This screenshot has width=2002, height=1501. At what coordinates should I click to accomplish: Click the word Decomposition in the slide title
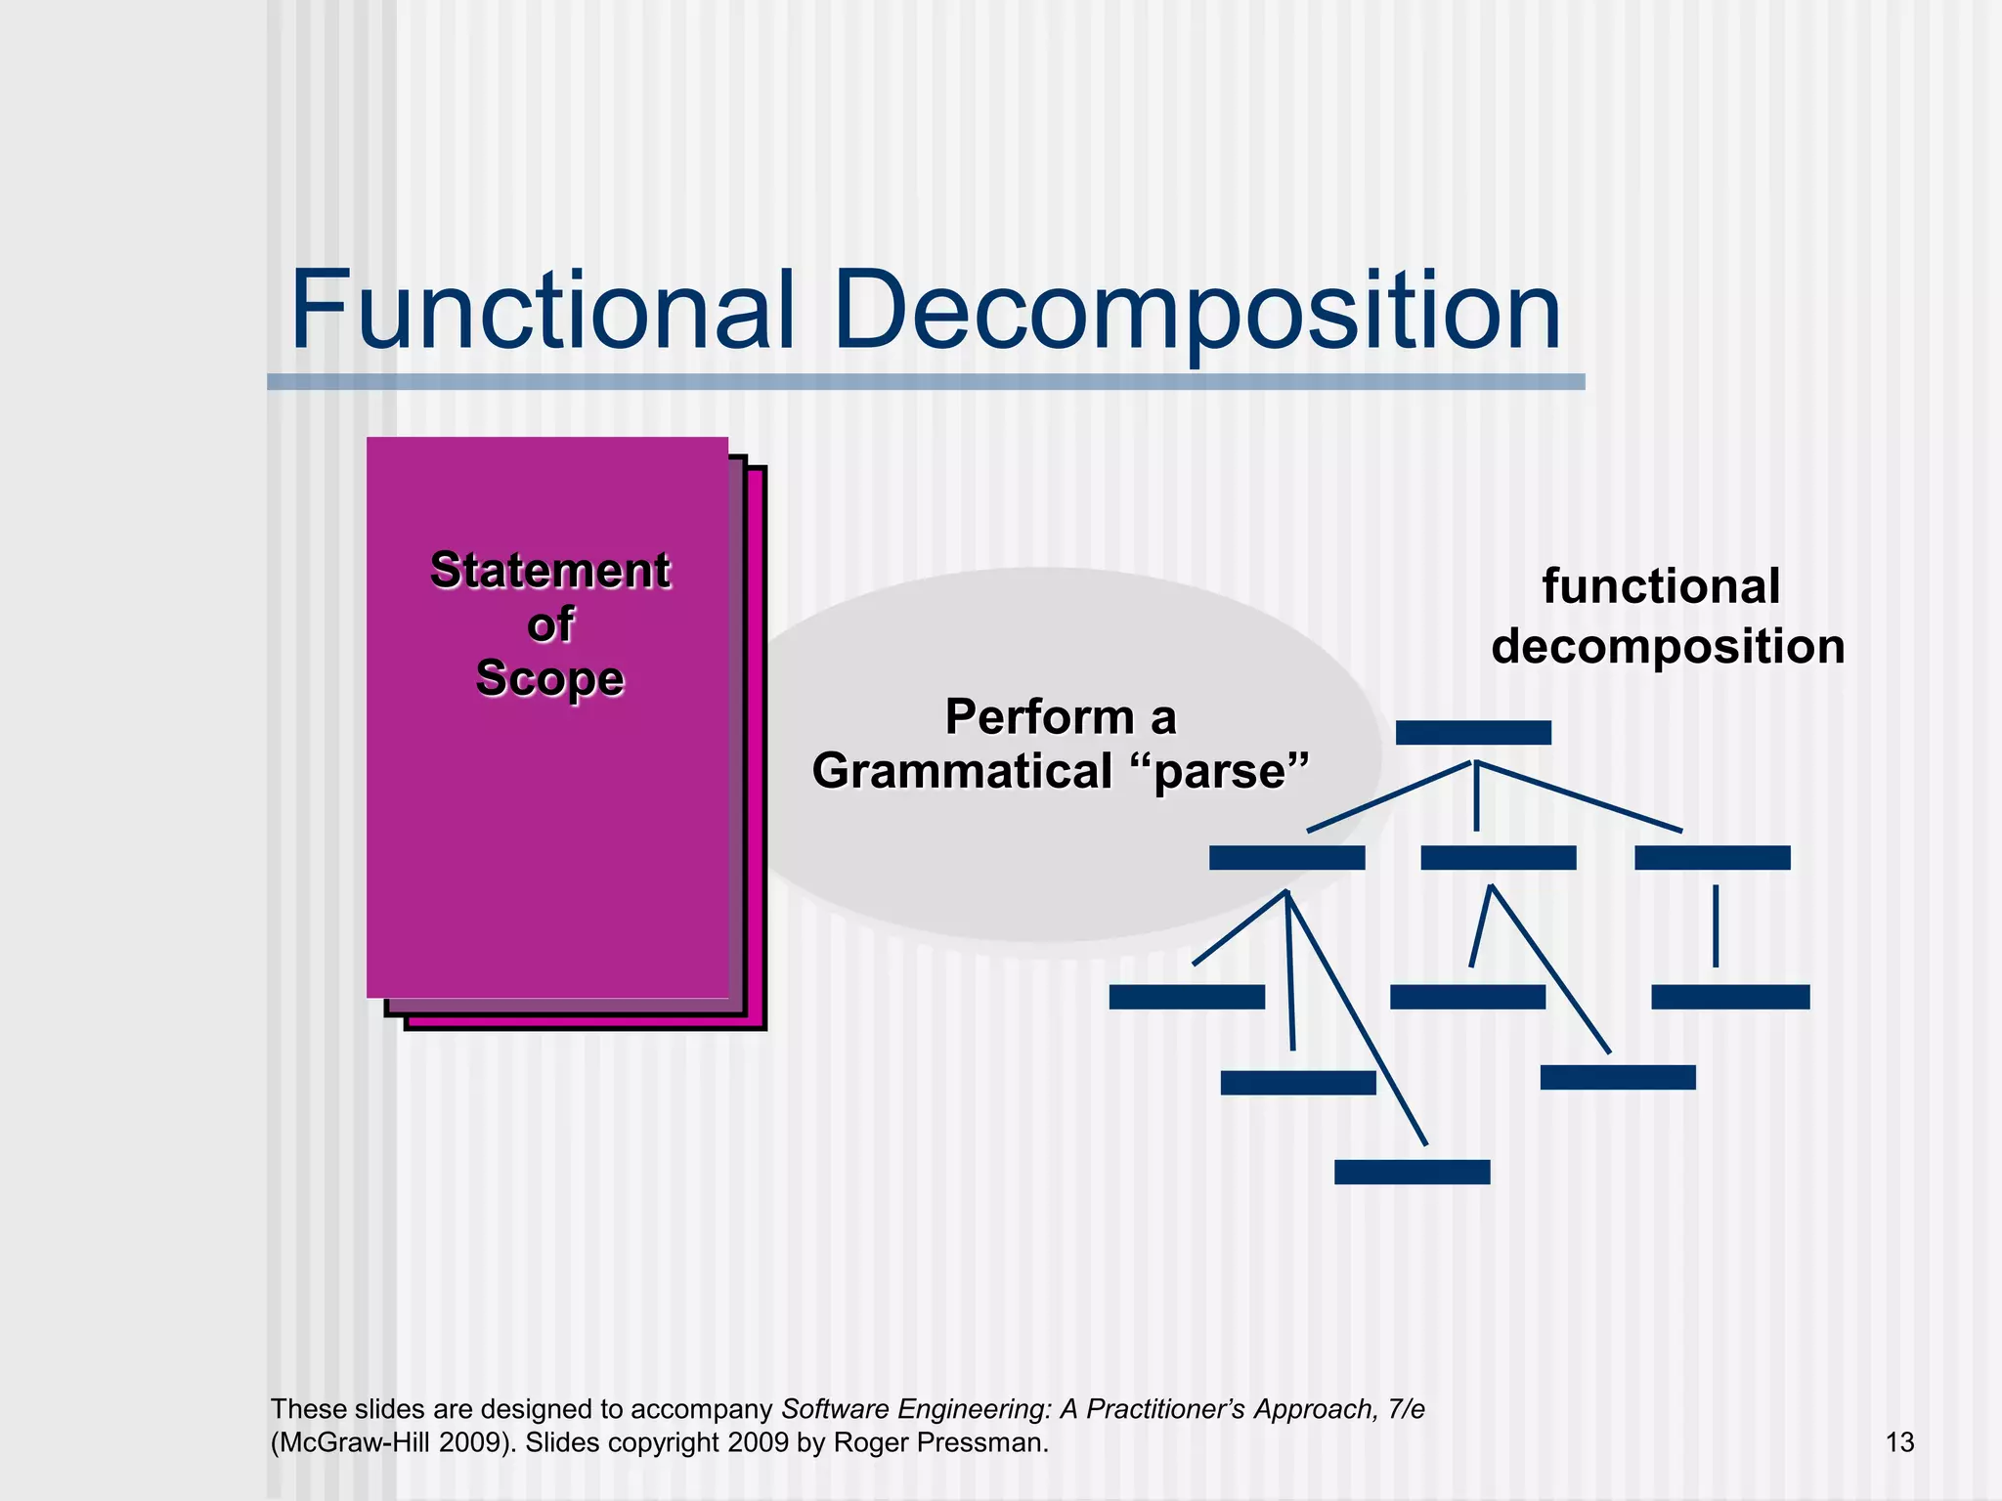pos(1197,313)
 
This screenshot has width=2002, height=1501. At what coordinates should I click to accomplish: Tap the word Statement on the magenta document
pos(549,571)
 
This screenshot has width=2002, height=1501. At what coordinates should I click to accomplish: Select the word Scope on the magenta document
pos(549,678)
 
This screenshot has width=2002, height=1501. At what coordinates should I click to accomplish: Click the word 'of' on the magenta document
pos(549,624)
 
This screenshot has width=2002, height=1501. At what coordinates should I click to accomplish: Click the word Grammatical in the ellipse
pos(962,771)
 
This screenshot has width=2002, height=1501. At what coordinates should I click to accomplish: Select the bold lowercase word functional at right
pos(1661,587)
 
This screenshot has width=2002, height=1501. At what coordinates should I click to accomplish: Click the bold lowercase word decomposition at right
pos(1668,647)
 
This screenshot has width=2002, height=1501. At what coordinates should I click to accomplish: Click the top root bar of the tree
pos(1473,733)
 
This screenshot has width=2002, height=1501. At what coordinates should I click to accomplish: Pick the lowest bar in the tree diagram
pos(1412,1172)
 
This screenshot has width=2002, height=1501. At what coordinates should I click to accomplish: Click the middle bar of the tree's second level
pos(1498,858)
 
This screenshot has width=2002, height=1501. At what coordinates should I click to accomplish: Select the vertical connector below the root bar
pos(1475,796)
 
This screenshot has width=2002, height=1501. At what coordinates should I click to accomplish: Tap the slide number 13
pos(1899,1442)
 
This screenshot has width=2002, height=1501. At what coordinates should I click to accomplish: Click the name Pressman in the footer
pos(989,1442)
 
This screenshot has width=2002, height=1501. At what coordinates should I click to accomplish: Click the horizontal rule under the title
pos(926,382)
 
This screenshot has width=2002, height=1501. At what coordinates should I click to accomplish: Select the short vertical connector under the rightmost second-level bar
pos(1715,925)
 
